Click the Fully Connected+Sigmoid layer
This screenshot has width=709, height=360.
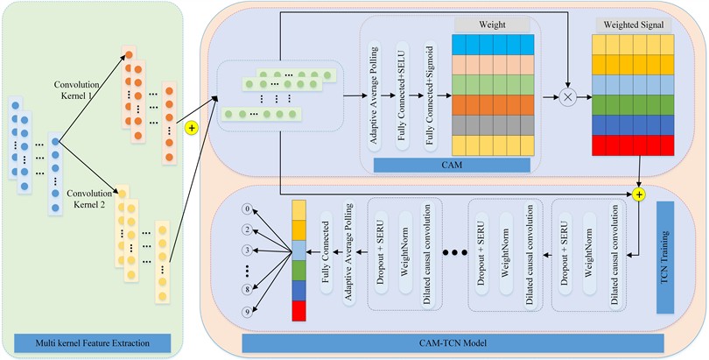tap(431, 89)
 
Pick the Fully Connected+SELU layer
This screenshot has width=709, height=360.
tap(404, 89)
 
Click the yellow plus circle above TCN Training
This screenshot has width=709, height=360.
tap(639, 193)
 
